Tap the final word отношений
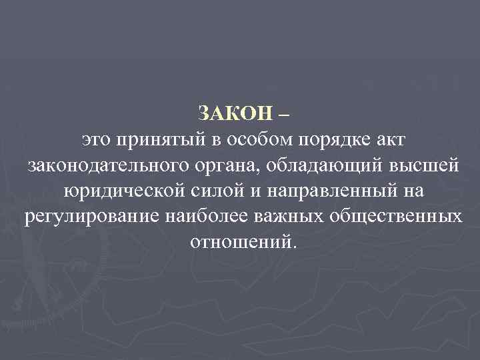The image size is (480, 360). (x=239, y=241)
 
